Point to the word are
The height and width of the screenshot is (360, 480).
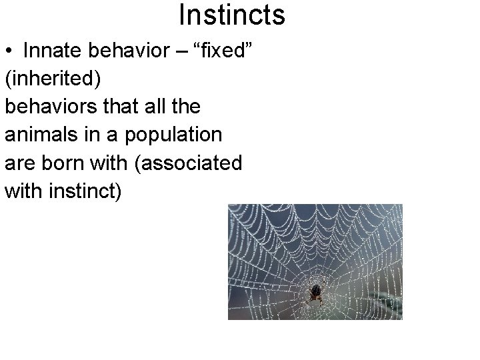click(x=19, y=164)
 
